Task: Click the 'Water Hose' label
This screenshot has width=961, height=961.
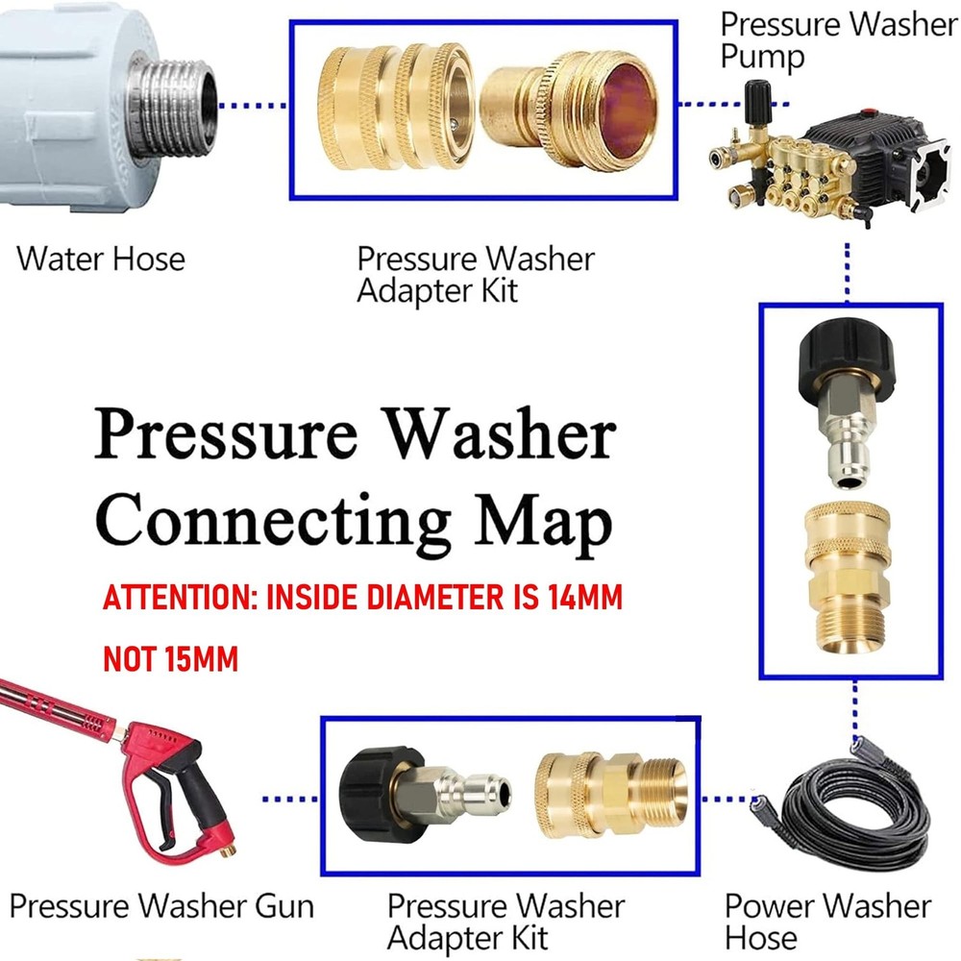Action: [x=100, y=259]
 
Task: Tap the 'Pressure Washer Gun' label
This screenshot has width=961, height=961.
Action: [x=161, y=905]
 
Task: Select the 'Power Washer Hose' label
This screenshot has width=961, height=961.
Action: [x=827, y=921]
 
